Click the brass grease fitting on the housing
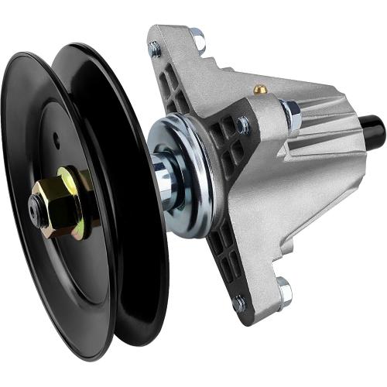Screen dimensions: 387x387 (x=262, y=89)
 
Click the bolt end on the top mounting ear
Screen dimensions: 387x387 (x=155, y=48)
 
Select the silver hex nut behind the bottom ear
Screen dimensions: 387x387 (x=284, y=293)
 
